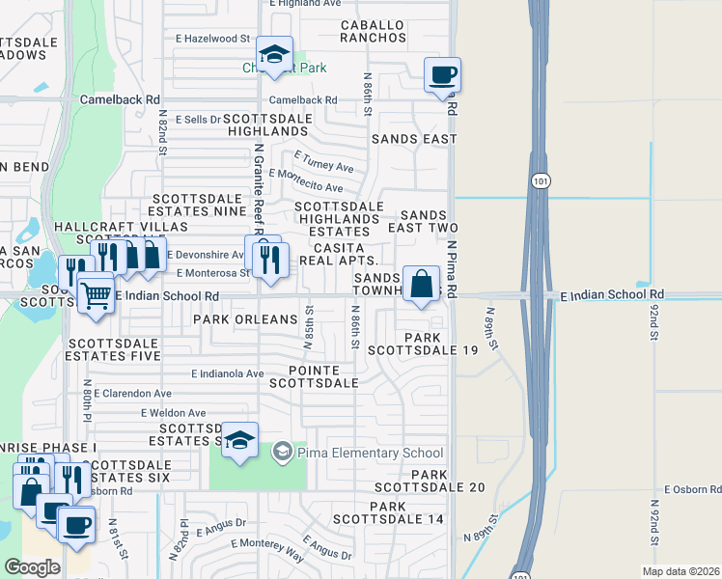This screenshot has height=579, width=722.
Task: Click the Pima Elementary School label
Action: pyautogui.click(x=370, y=453)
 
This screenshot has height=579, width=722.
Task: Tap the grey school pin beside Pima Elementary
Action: pyautogui.click(x=282, y=451)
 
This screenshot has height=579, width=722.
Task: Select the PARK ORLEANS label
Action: pyautogui.click(x=245, y=318)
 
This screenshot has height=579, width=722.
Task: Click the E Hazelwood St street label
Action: pyautogui.click(x=205, y=38)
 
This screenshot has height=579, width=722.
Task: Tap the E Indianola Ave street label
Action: pyautogui.click(x=227, y=373)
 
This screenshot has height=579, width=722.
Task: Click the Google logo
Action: pyautogui.click(x=32, y=566)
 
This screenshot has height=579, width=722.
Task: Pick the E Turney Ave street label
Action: pyautogui.click(x=324, y=161)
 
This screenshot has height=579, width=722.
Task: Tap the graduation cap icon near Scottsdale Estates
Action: pyautogui.click(x=240, y=439)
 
